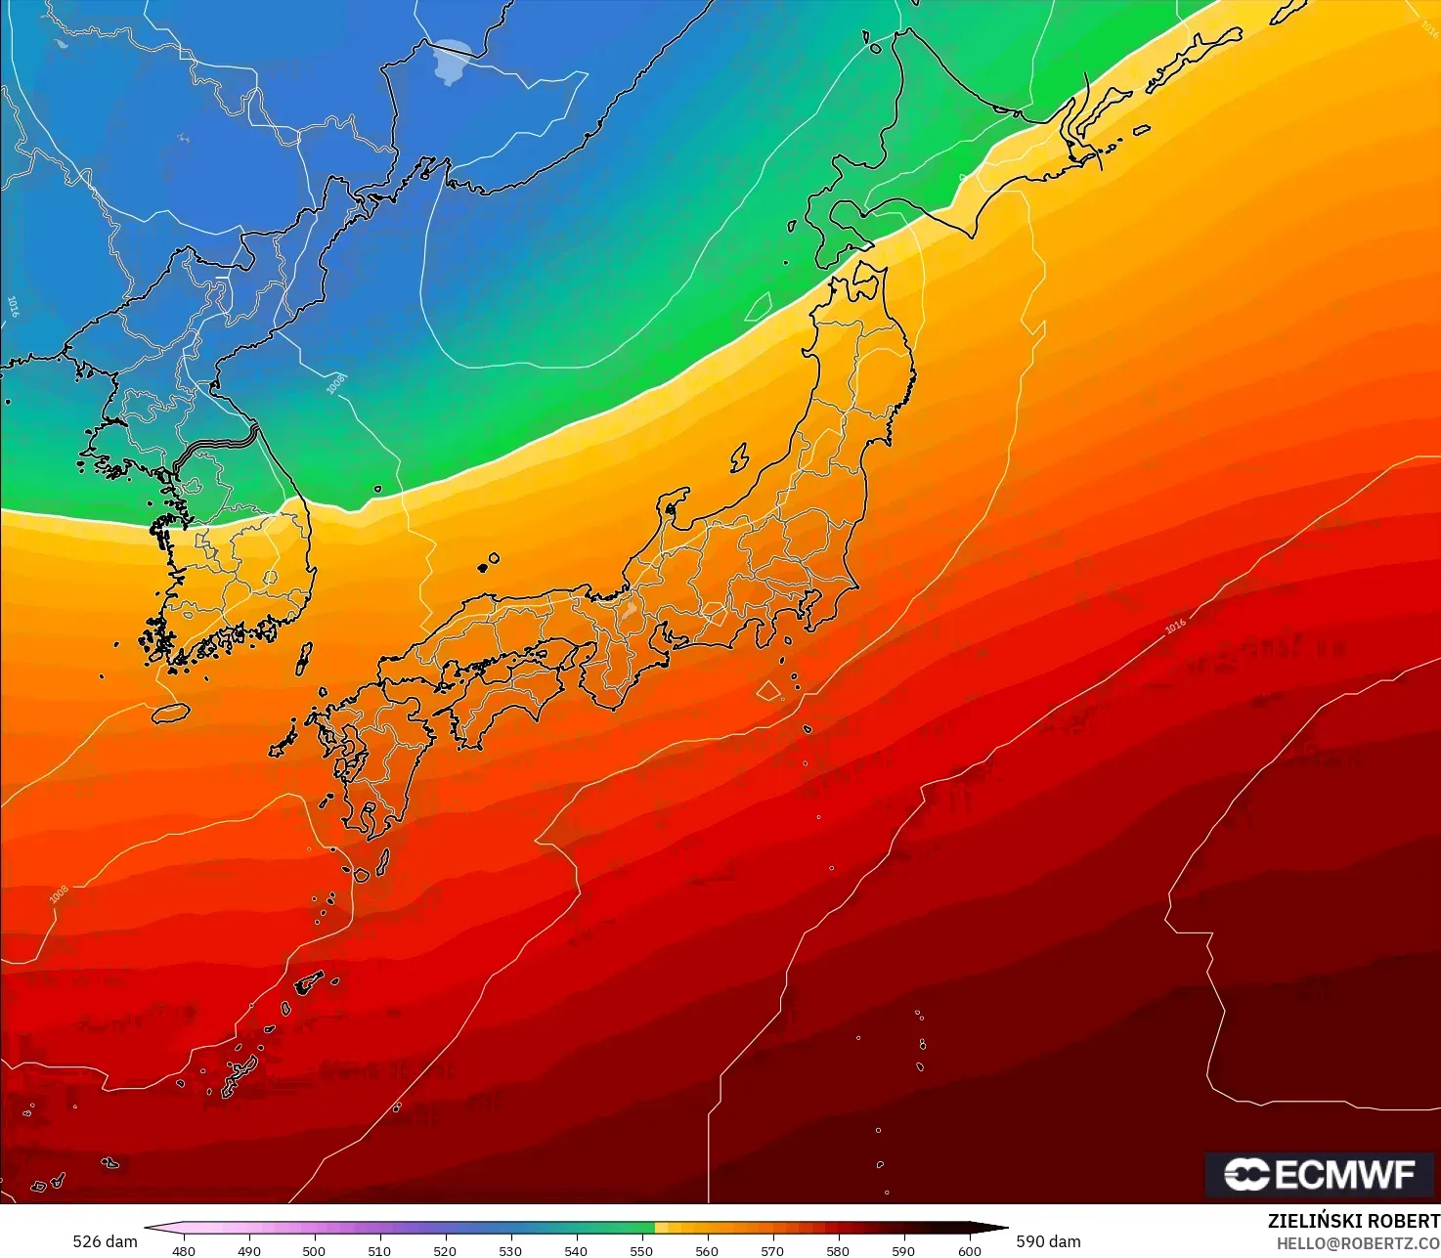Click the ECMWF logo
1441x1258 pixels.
pos(1319,1175)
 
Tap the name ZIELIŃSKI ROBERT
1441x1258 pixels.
pos(1353,1221)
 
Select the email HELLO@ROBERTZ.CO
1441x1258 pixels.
pos(1358,1242)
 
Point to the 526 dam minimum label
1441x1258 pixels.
pos(105,1241)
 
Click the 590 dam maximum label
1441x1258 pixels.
pos(1048,1241)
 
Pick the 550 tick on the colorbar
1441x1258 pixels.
pos(641,1250)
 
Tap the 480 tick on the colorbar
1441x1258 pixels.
pos(183,1250)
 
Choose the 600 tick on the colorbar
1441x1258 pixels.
pos(969,1250)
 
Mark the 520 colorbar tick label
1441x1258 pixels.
pos(445,1250)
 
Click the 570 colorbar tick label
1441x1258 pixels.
pos(772,1250)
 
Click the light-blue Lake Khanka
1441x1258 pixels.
pos(452,61)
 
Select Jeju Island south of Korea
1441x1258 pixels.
pos(170,714)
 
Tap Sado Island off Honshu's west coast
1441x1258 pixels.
pos(739,456)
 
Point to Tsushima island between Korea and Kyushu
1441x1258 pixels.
pos(304,658)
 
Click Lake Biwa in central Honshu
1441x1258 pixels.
pos(629,611)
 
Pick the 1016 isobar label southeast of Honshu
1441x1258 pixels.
pos(1175,625)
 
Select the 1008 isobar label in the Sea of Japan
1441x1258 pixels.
pos(335,383)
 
